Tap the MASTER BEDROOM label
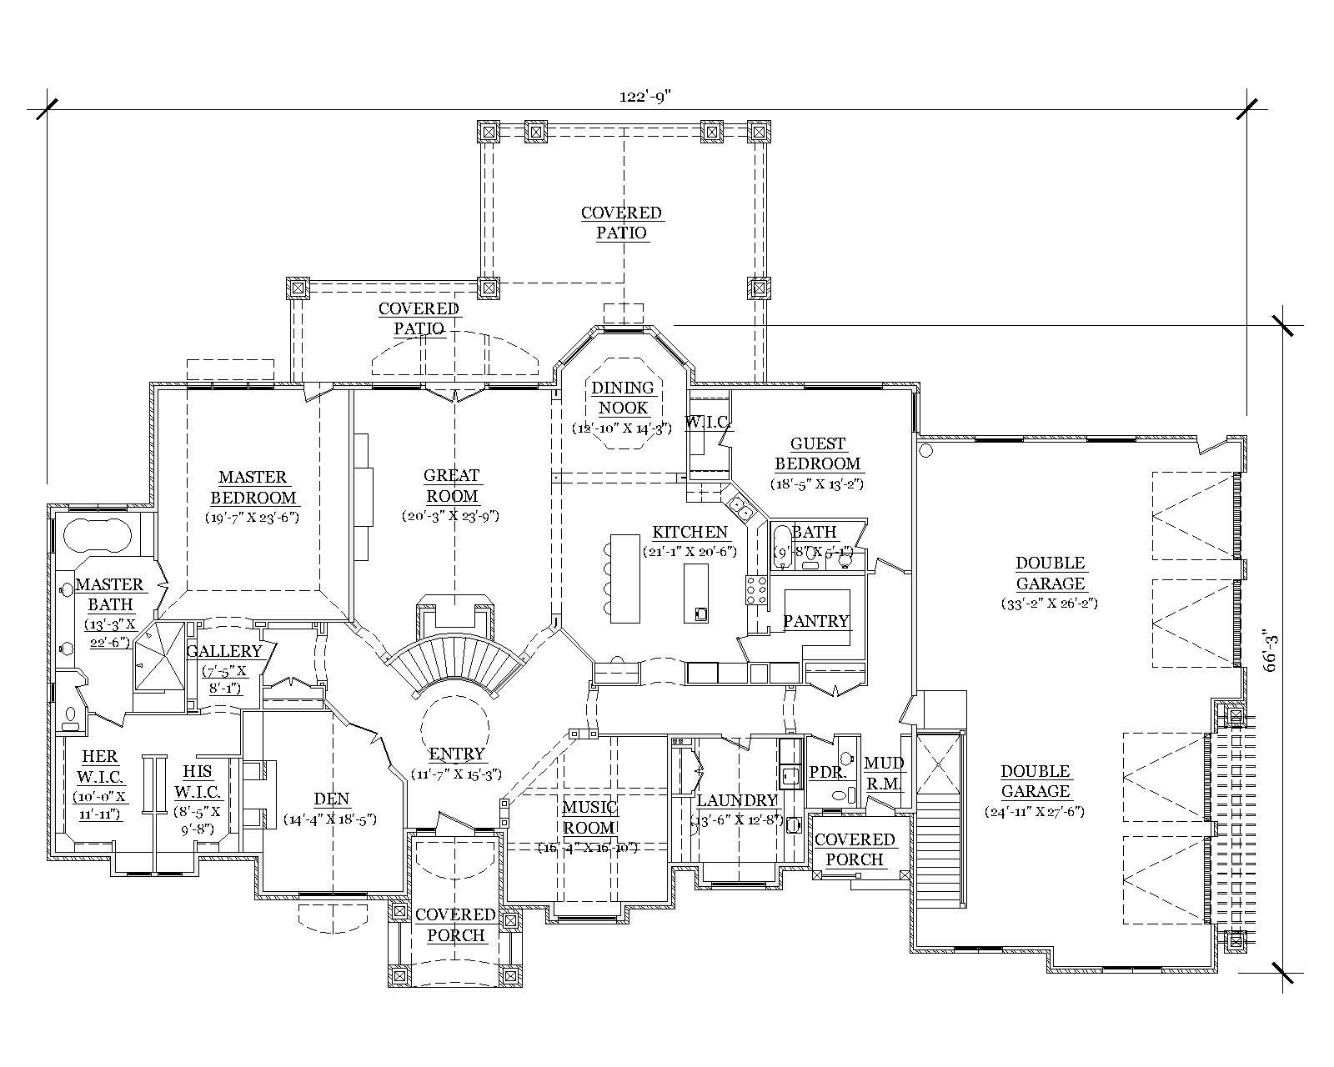point(253,488)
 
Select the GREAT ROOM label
point(452,485)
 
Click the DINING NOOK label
point(623,398)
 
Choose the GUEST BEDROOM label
point(817,453)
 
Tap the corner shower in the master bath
point(158,659)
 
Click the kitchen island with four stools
point(618,578)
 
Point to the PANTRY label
point(815,621)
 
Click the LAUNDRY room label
point(737,801)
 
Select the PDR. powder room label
point(827,773)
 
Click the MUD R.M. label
point(882,773)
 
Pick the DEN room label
point(331,799)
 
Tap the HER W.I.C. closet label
point(99,767)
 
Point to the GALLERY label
point(224,651)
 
